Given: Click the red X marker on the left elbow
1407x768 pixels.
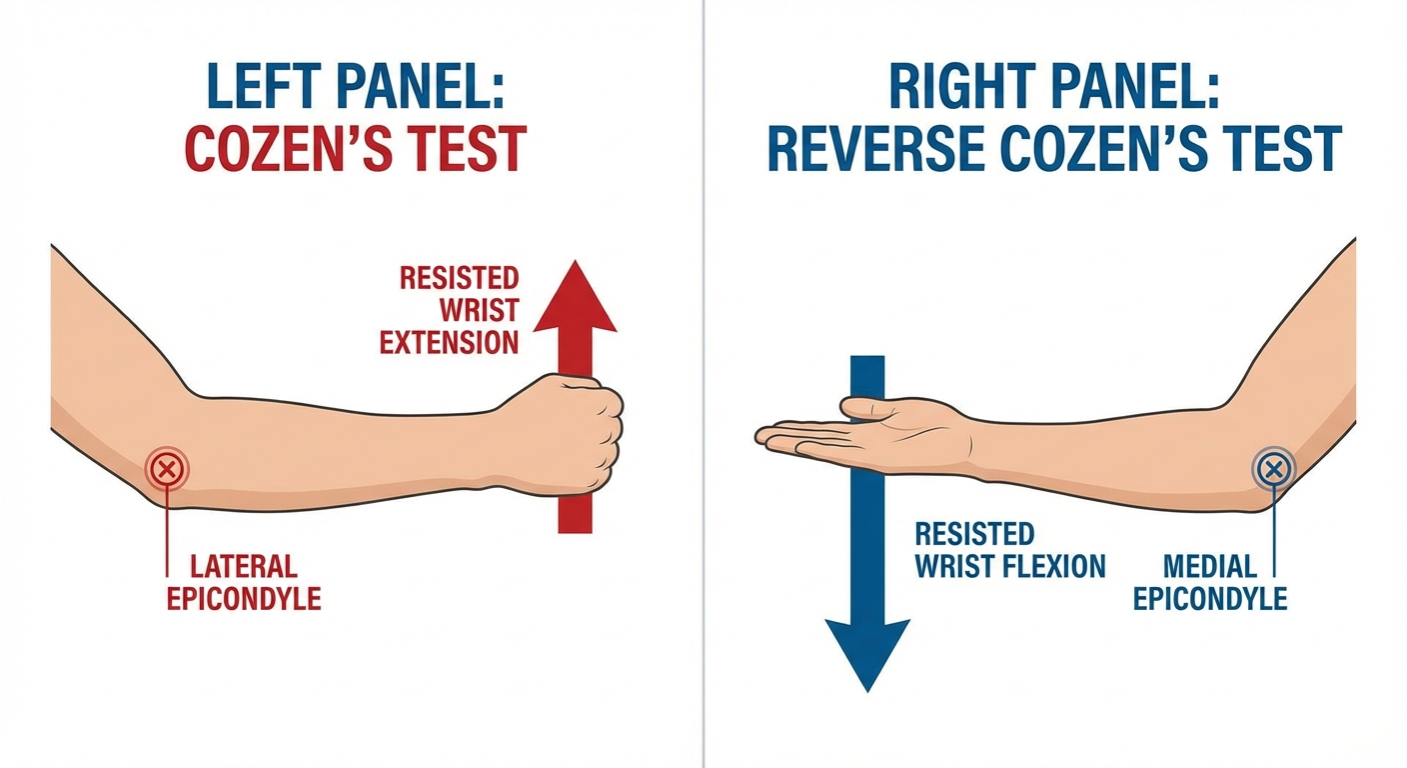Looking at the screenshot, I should point(167,468).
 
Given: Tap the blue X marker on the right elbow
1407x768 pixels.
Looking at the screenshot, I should point(1273,467).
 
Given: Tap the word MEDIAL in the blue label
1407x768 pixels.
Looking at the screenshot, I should point(1210,567).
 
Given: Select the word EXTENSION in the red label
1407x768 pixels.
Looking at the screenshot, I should point(450,343).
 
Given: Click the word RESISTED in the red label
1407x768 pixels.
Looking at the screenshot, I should point(460,277).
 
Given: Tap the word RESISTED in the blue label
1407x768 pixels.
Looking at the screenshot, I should point(974,534).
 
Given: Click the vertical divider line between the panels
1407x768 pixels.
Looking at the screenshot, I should point(703,400).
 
